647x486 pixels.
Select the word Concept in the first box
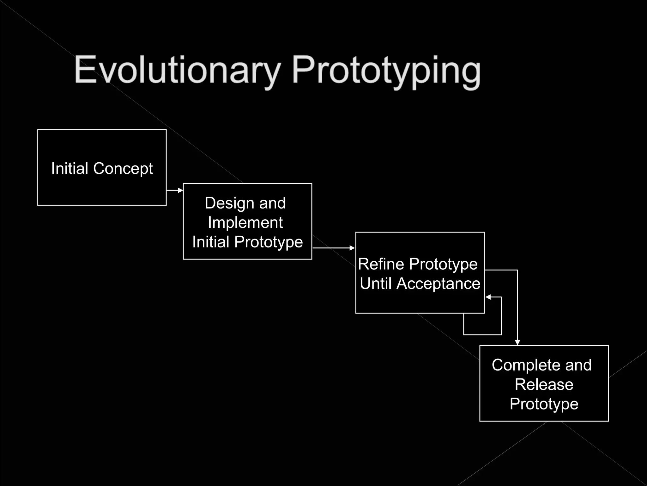(x=123, y=169)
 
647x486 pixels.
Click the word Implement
(x=245, y=222)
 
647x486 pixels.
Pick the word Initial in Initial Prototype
(x=211, y=242)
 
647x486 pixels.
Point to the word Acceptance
(x=438, y=283)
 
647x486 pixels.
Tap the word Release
(x=544, y=384)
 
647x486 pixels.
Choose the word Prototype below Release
(x=544, y=404)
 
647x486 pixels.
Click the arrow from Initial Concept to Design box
(x=175, y=190)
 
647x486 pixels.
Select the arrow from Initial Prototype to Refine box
(x=333, y=248)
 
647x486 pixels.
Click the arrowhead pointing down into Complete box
(x=517, y=342)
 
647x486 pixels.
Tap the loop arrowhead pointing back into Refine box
(x=488, y=297)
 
